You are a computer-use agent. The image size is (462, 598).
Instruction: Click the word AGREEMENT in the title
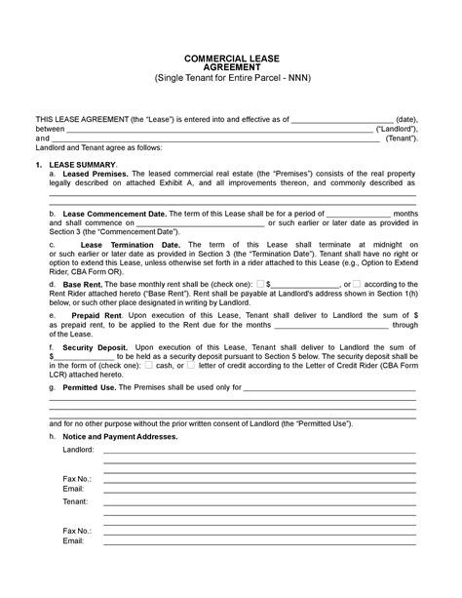[x=230, y=67]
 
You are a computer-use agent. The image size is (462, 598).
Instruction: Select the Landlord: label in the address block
[x=79, y=450]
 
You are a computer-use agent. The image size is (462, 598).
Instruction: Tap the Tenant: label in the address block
[x=76, y=501]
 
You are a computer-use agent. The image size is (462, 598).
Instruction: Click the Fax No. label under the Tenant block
[x=77, y=530]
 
